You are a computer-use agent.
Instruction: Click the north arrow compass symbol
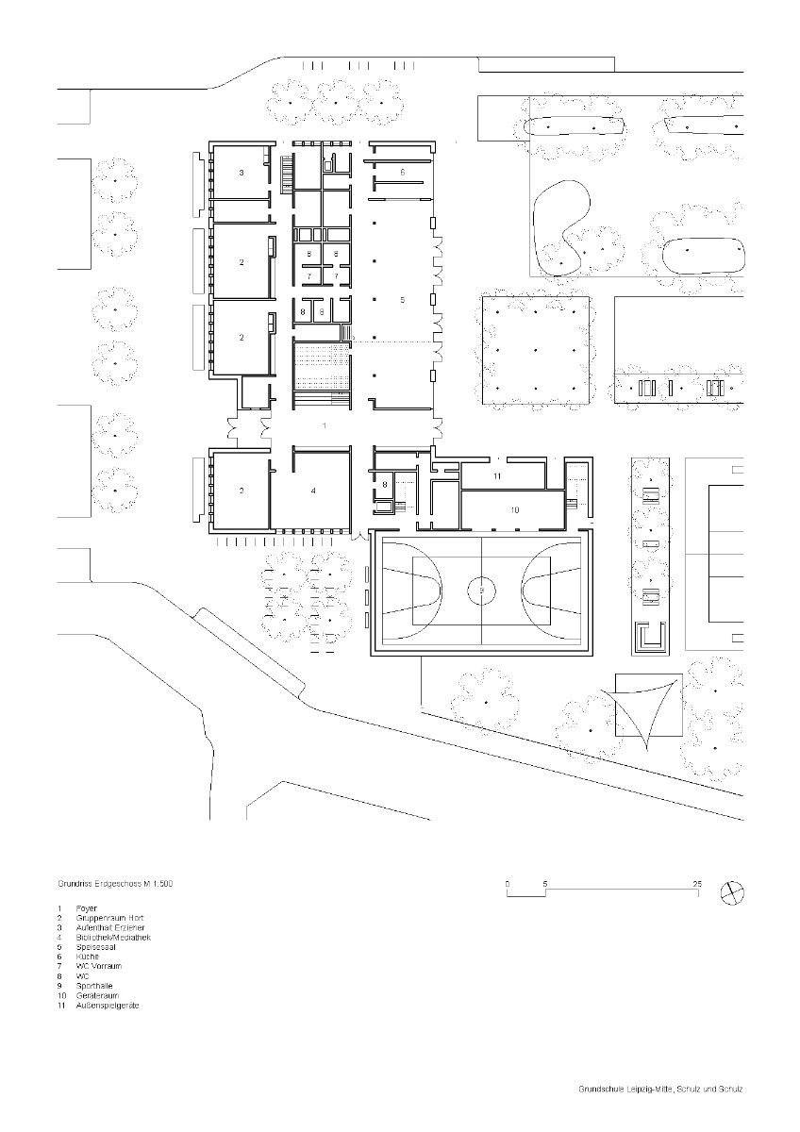(731, 892)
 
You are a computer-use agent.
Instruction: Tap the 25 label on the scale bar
(696, 883)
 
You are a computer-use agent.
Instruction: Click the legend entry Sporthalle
(95, 986)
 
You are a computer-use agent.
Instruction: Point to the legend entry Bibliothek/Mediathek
(112, 938)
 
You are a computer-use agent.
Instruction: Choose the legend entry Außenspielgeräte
(108, 1006)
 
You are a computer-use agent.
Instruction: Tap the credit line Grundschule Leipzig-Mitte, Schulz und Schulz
(660, 1090)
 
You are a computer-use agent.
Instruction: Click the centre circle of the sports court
(482, 591)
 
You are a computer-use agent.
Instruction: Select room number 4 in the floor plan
(313, 491)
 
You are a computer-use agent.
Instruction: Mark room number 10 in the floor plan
(515, 509)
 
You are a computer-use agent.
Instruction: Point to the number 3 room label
(241, 174)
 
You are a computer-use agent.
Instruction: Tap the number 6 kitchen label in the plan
(402, 173)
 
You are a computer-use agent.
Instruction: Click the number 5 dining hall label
(402, 300)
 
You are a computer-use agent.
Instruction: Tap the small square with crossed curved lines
(649, 706)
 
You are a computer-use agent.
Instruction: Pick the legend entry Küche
(88, 957)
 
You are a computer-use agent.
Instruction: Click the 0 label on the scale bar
(508, 883)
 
